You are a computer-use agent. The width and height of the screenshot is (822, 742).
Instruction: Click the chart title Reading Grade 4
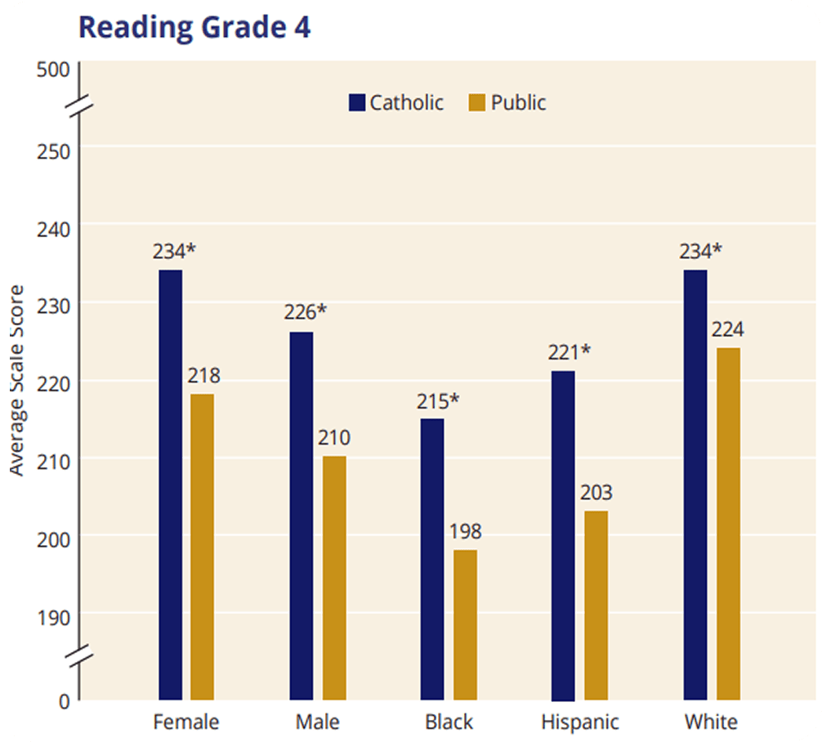[194, 26]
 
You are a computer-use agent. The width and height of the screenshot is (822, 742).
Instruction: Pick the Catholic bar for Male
[301, 515]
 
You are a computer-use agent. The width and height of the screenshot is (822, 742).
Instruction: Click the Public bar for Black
[465, 624]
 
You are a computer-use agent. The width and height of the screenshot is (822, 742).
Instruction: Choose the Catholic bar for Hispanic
[563, 535]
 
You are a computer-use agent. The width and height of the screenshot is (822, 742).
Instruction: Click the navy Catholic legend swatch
[357, 103]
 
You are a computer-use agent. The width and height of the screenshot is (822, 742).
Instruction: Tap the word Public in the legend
[518, 103]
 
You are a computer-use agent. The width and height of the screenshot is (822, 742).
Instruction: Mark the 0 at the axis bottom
[64, 700]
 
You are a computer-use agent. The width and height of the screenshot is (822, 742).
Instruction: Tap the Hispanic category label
[580, 722]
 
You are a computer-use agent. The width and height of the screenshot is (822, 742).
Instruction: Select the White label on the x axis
[711, 722]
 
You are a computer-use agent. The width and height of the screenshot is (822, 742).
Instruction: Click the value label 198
[465, 532]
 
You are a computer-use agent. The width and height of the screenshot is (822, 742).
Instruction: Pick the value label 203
[596, 493]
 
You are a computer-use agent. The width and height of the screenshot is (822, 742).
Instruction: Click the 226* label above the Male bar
[305, 313]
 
